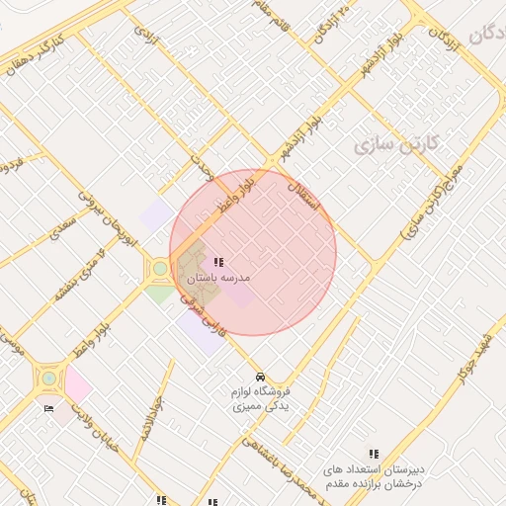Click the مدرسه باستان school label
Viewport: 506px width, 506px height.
pyautogui.click(x=217, y=279)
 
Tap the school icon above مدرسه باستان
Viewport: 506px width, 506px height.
pyautogui.click(x=217, y=263)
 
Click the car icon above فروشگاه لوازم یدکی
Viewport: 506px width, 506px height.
pyautogui.click(x=259, y=378)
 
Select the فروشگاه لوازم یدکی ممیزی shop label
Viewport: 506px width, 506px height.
pyautogui.click(x=259, y=398)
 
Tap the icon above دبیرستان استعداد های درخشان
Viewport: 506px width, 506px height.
pyautogui.click(x=374, y=453)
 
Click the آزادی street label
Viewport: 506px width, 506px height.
pyautogui.click(x=146, y=36)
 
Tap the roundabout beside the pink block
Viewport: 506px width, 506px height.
pyautogui.click(x=47, y=378)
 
